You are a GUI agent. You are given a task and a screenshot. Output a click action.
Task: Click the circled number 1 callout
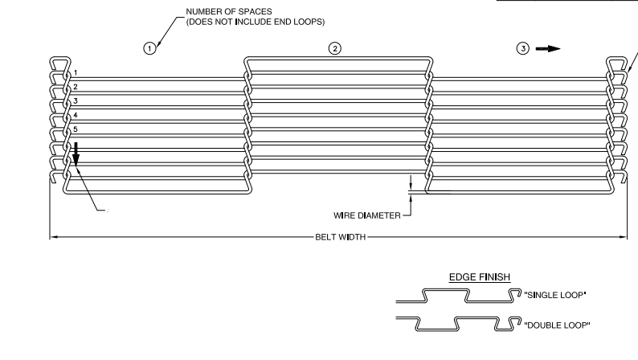149,48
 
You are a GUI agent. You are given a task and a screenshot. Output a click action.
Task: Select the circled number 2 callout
335,48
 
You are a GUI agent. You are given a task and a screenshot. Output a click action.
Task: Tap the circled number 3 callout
523,48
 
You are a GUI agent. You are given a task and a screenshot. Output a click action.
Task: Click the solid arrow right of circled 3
548,49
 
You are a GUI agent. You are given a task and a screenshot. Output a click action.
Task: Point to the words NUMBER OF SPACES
229,12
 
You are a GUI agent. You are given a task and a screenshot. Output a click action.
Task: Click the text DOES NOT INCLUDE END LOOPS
256,22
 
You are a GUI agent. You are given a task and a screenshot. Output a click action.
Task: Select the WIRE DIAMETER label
367,215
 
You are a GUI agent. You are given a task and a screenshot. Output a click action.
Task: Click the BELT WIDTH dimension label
341,237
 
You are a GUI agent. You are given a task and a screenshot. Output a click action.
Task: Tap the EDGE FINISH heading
480,277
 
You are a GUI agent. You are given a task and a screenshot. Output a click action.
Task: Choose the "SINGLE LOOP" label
555,295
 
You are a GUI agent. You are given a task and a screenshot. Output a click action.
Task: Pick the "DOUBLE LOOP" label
557,325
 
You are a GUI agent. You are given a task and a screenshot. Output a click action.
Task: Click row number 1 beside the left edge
76,72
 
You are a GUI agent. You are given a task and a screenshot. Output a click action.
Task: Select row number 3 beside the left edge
76,101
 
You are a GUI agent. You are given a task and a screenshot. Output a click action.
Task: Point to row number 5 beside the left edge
76,129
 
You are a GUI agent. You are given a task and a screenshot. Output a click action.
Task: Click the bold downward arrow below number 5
76,154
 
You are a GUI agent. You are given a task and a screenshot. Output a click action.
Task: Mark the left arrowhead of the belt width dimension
53,237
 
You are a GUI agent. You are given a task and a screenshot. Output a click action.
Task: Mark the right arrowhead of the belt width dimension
623,237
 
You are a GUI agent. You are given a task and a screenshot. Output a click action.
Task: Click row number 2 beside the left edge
76,87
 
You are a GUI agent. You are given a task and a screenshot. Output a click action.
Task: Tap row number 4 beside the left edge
76,115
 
